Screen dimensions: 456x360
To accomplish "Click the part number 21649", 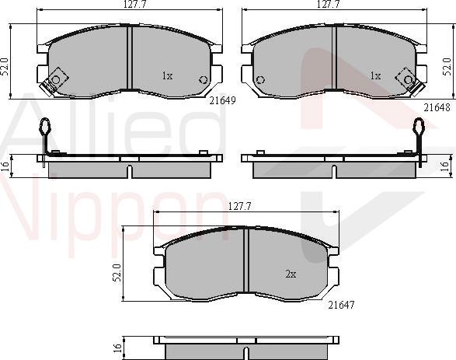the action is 222,100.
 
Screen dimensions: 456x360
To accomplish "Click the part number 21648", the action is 437,107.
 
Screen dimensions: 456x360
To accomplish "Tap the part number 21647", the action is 342,305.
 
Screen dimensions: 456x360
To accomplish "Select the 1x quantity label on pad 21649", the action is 167,76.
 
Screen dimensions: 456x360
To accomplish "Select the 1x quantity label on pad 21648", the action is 375,76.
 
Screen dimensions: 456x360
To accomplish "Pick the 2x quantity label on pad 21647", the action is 291,274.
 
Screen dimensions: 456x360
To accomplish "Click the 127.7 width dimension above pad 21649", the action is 134,5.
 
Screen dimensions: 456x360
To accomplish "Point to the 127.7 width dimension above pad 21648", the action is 329,4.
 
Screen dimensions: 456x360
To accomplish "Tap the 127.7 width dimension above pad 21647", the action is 239,206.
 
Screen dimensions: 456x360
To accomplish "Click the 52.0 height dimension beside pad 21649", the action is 5,67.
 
